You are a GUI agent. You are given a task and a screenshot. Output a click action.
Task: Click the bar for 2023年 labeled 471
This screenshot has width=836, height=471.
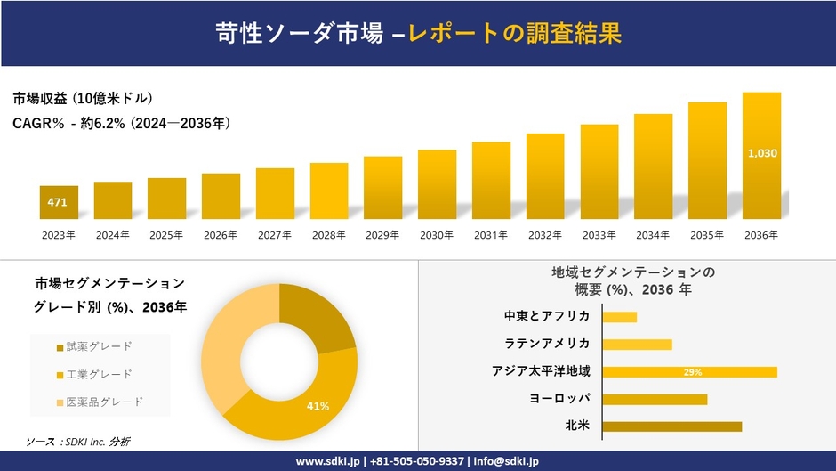coord(59,202)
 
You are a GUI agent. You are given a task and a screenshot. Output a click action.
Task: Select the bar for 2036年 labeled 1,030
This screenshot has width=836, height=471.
coord(761,155)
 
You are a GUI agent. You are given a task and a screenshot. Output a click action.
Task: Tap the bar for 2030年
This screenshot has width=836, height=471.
coord(437,184)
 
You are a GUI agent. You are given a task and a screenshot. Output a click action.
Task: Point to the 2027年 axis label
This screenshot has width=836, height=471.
coord(275,235)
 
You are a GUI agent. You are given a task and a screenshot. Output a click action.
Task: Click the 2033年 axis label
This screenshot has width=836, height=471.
coord(599,235)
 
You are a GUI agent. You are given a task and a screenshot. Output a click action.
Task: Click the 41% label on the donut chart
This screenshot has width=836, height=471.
coord(318,406)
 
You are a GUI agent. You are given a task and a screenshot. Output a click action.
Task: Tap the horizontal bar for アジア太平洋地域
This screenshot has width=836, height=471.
coord(689,372)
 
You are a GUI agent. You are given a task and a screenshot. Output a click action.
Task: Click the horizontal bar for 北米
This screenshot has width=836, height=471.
coord(671,426)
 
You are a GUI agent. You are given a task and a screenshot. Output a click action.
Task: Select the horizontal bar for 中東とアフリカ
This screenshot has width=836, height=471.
coord(619,317)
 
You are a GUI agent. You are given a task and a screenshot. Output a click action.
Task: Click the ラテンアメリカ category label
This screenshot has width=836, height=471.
coord(547,344)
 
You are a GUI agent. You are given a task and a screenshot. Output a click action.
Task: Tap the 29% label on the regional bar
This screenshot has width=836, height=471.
coord(693,372)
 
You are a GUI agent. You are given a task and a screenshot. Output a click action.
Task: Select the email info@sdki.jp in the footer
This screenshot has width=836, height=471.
coord(507,461)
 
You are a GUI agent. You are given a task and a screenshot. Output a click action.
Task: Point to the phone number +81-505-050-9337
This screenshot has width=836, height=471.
coord(417,461)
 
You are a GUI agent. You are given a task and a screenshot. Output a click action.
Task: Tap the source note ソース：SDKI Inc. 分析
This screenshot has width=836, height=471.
coord(79,442)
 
